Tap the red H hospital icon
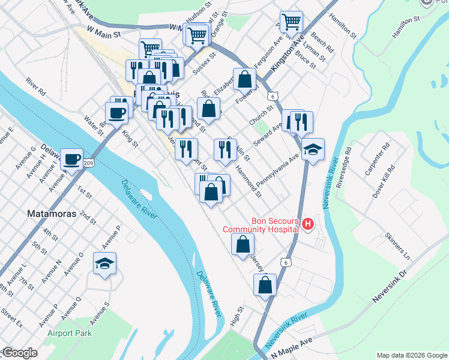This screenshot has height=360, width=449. click(x=308, y=224)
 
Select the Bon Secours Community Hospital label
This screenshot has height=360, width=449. click(x=261, y=224)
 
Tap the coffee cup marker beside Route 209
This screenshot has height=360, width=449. click(x=72, y=160)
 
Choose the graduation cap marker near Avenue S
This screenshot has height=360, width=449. click(x=105, y=263)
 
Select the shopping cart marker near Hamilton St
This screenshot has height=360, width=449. click(x=291, y=23)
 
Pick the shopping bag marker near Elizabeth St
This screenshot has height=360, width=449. click(x=245, y=79)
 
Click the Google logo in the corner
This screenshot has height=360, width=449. click(x=19, y=353)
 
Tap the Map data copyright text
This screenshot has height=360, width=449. click(x=411, y=355)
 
